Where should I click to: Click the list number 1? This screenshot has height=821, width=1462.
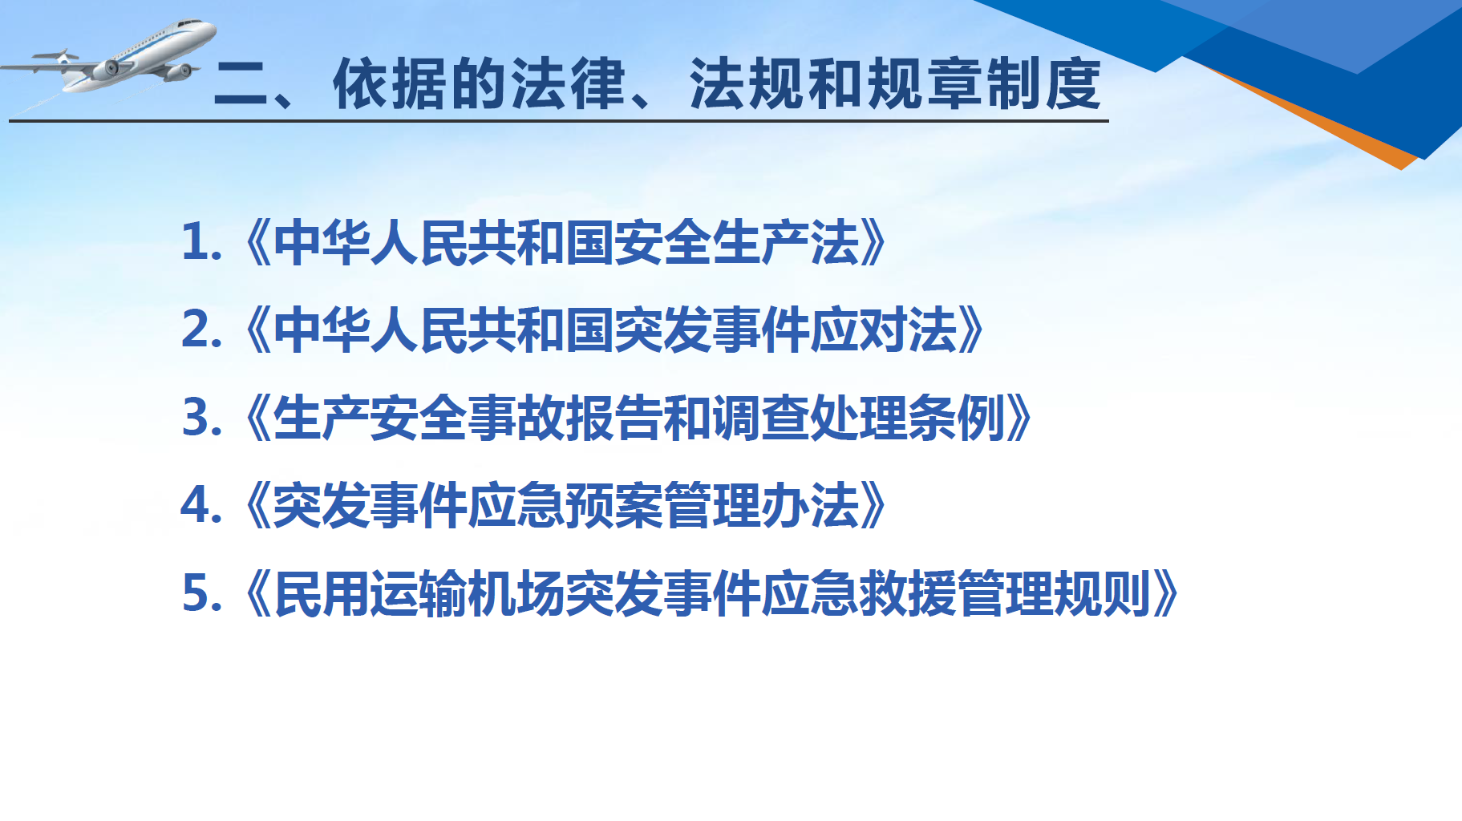pos(196,242)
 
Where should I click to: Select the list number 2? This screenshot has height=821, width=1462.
pos(197,330)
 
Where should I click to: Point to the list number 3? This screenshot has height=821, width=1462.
pos(197,418)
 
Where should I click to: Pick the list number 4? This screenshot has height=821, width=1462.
pos(197,505)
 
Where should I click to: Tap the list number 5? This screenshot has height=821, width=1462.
pos(197,593)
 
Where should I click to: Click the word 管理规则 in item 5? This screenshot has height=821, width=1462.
pos(1055,593)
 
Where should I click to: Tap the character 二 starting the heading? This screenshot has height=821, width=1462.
pos(241,85)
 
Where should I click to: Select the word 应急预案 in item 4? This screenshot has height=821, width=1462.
pos(565,505)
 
